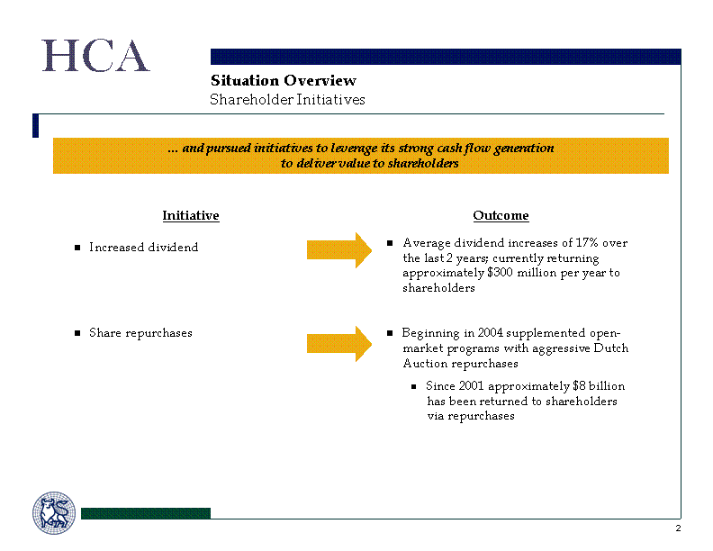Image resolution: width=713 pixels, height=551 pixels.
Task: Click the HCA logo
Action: [95, 56]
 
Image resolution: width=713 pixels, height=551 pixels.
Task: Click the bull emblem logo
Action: [54, 513]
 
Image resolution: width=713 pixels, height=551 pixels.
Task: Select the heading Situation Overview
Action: [284, 80]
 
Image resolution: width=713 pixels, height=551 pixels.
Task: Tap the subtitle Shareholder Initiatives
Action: [287, 100]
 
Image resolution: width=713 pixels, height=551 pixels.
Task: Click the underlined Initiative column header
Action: [191, 215]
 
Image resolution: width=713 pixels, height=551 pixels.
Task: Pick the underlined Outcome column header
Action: [501, 215]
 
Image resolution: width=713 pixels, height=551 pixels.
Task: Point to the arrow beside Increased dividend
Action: [339, 250]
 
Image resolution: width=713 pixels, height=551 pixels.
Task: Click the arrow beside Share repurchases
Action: [339, 344]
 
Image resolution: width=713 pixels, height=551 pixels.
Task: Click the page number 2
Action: [678, 528]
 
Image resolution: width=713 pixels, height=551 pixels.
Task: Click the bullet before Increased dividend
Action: [77, 248]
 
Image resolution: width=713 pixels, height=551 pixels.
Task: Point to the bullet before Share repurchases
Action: [77, 333]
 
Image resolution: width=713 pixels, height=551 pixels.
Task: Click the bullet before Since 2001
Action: [413, 387]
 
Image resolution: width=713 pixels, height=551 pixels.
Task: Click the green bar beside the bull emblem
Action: [146, 513]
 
